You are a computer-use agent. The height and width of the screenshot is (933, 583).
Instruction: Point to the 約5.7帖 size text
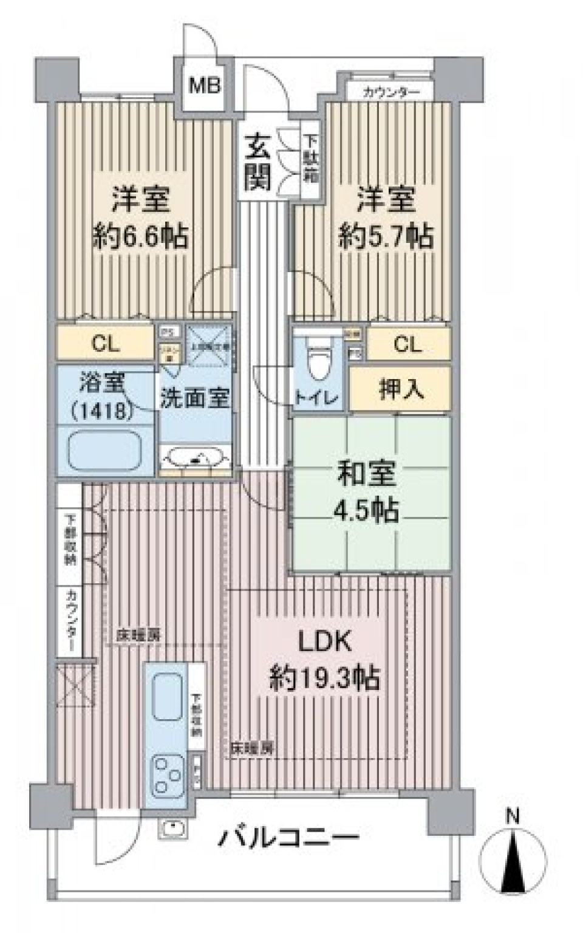pos(386,236)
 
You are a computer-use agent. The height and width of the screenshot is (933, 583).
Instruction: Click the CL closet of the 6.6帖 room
pos(106,344)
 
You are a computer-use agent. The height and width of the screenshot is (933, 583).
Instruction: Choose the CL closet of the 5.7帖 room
pos(407,344)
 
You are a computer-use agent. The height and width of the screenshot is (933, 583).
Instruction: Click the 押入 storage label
pos(401,389)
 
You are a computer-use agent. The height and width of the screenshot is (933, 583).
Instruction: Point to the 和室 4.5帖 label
pos(368,492)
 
